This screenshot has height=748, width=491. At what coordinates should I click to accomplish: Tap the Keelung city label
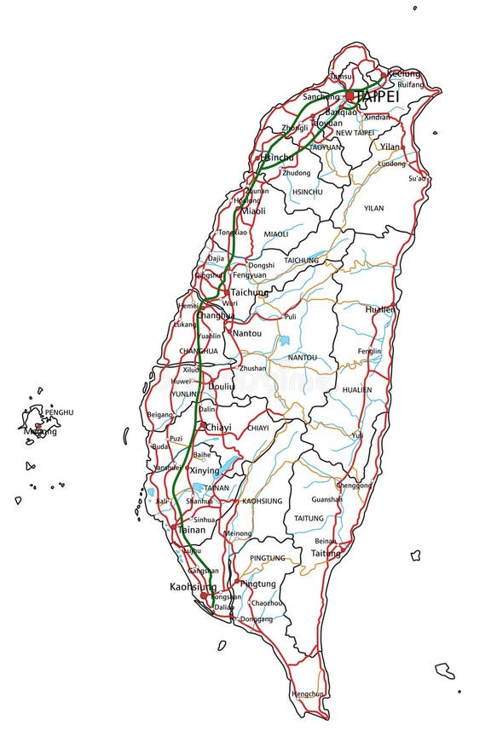[403, 74]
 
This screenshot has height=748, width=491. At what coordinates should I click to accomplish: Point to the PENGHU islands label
[60, 412]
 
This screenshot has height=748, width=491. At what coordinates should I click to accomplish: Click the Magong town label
[41, 431]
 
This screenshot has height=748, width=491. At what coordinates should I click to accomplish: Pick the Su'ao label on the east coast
[417, 178]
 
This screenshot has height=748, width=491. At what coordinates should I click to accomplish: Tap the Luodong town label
[391, 163]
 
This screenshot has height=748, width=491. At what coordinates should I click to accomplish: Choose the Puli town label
[291, 316]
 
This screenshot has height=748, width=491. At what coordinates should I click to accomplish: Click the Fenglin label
[369, 351]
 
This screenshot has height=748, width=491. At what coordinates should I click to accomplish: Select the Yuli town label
[357, 434]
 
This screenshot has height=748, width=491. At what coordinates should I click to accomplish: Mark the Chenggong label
[354, 485]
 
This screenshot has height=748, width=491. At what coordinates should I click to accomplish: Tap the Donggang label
[256, 619]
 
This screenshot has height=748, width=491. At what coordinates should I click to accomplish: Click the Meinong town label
[237, 533]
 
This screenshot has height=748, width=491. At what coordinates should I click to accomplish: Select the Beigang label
[159, 415]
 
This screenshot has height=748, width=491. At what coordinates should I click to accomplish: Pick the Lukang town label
[185, 325]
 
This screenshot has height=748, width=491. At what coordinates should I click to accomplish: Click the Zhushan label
[252, 368]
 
